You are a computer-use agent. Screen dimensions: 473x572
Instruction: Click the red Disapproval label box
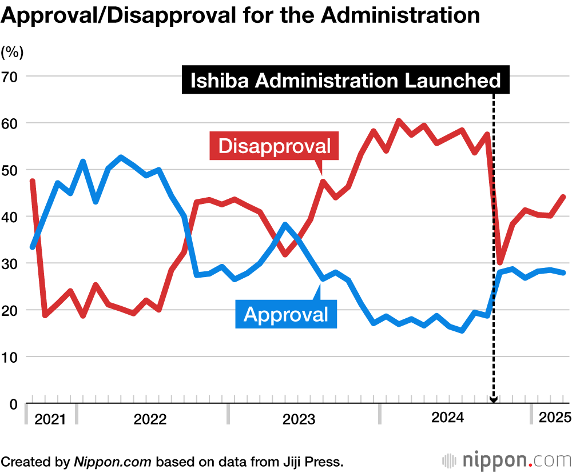pyautogui.click(x=275, y=146)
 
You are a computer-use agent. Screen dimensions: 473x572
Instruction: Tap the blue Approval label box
pyautogui.click(x=286, y=314)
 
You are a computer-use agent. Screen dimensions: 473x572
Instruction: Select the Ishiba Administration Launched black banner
pyautogui.click(x=345, y=81)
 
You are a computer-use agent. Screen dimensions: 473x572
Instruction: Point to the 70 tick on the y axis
pyautogui.click(x=12, y=76)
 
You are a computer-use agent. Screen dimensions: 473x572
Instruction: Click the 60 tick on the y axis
pyautogui.click(x=12, y=123)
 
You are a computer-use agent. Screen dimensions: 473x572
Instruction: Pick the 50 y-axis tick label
pyautogui.click(x=12, y=170)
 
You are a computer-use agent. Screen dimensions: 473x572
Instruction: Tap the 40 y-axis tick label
pyautogui.click(x=12, y=217)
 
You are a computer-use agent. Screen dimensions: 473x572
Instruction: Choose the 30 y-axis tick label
pyautogui.click(x=12, y=263)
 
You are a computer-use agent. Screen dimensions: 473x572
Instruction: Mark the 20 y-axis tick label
pyautogui.click(x=12, y=310)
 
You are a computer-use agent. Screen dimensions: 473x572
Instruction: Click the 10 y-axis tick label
pyautogui.click(x=12, y=357)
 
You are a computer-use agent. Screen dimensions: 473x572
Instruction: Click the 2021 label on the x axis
pyautogui.click(x=50, y=420)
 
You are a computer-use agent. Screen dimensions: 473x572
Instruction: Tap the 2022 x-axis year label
pyautogui.click(x=150, y=420)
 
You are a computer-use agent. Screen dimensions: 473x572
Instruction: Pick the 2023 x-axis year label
pyautogui.click(x=299, y=420)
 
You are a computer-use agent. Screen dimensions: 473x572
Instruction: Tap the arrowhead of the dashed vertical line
pyautogui.click(x=494, y=400)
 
